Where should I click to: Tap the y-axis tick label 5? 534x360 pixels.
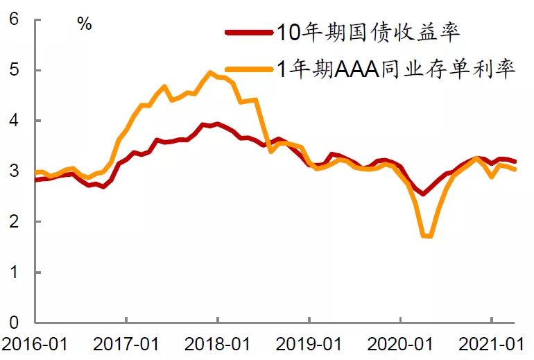coord(14,70)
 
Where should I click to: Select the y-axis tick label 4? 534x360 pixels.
coord(14,121)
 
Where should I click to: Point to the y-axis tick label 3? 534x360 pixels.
coord(14,171)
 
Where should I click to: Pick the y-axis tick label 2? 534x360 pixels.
coord(14,221)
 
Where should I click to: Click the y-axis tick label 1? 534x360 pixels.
coord(14,272)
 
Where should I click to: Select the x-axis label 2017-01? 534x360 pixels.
coord(126,343)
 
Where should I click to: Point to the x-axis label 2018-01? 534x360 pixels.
coord(217,343)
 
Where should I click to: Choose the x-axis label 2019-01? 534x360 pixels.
coord(309,343)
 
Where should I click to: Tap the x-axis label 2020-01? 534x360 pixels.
coord(400,343)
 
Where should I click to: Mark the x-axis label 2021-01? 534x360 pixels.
coord(492,343)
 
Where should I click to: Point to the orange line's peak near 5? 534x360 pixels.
coord(209,72)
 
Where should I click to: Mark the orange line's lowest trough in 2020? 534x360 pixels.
coord(427,236)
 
